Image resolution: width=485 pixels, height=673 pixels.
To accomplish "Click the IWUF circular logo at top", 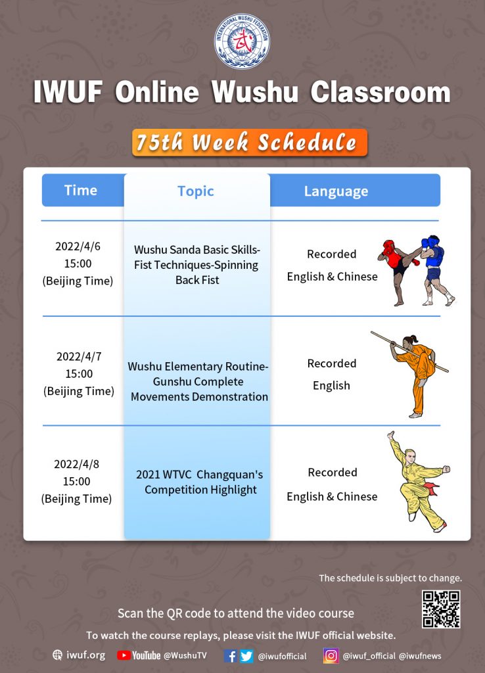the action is (242, 41).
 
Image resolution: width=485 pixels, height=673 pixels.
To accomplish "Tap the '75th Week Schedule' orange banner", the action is (250, 143).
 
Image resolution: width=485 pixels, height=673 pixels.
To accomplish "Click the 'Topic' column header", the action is (196, 191).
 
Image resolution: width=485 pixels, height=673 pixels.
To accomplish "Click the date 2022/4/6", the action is (78, 246).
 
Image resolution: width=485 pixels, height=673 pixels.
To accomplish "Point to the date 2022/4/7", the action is (79, 357).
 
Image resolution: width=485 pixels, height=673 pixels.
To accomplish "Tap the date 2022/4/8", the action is (76, 464).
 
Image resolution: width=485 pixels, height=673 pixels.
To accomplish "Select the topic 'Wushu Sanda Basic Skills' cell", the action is (197, 265).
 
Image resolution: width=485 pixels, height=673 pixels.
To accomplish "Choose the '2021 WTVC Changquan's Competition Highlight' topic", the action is (200, 482).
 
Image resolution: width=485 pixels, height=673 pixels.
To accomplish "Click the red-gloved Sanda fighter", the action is (397, 272).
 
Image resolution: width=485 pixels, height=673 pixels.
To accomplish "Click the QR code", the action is (441, 609).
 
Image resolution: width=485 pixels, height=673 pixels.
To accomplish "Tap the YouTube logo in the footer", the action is (139, 655).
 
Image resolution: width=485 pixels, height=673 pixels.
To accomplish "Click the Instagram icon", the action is (331, 656).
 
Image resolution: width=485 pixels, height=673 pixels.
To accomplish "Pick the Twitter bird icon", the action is (246, 656).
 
